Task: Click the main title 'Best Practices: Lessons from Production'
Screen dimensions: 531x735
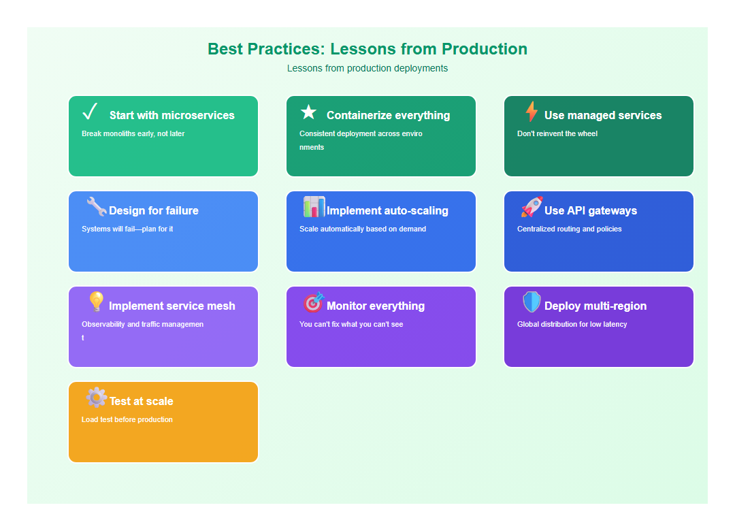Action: tap(367, 49)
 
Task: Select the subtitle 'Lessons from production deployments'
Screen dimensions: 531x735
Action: tap(367, 68)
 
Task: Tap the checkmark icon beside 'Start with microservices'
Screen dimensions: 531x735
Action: tap(90, 111)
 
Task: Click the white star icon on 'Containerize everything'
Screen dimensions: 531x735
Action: tap(309, 112)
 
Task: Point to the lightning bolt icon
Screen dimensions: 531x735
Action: tap(532, 112)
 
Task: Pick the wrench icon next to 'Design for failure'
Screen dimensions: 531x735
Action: tap(96, 207)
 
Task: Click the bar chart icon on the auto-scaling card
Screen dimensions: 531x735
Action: tap(314, 207)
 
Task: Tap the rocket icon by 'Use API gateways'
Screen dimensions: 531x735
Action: tap(532, 207)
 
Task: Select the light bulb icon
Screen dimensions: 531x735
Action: tap(96, 302)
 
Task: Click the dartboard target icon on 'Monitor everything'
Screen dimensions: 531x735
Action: tap(314, 302)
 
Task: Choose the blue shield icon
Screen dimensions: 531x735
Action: tap(532, 302)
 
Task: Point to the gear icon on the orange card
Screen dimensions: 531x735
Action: tap(96, 397)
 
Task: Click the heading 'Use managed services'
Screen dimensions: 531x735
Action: tap(603, 116)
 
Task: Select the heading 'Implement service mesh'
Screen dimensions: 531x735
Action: tap(171, 306)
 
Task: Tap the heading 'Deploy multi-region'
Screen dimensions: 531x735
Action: tap(595, 306)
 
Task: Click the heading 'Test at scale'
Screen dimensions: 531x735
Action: tap(142, 402)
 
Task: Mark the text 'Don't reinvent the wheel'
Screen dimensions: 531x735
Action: tap(557, 134)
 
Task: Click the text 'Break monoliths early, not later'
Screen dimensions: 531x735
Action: tap(133, 134)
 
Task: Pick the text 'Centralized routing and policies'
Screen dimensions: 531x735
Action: tap(570, 229)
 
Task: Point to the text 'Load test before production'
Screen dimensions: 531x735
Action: tap(127, 420)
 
